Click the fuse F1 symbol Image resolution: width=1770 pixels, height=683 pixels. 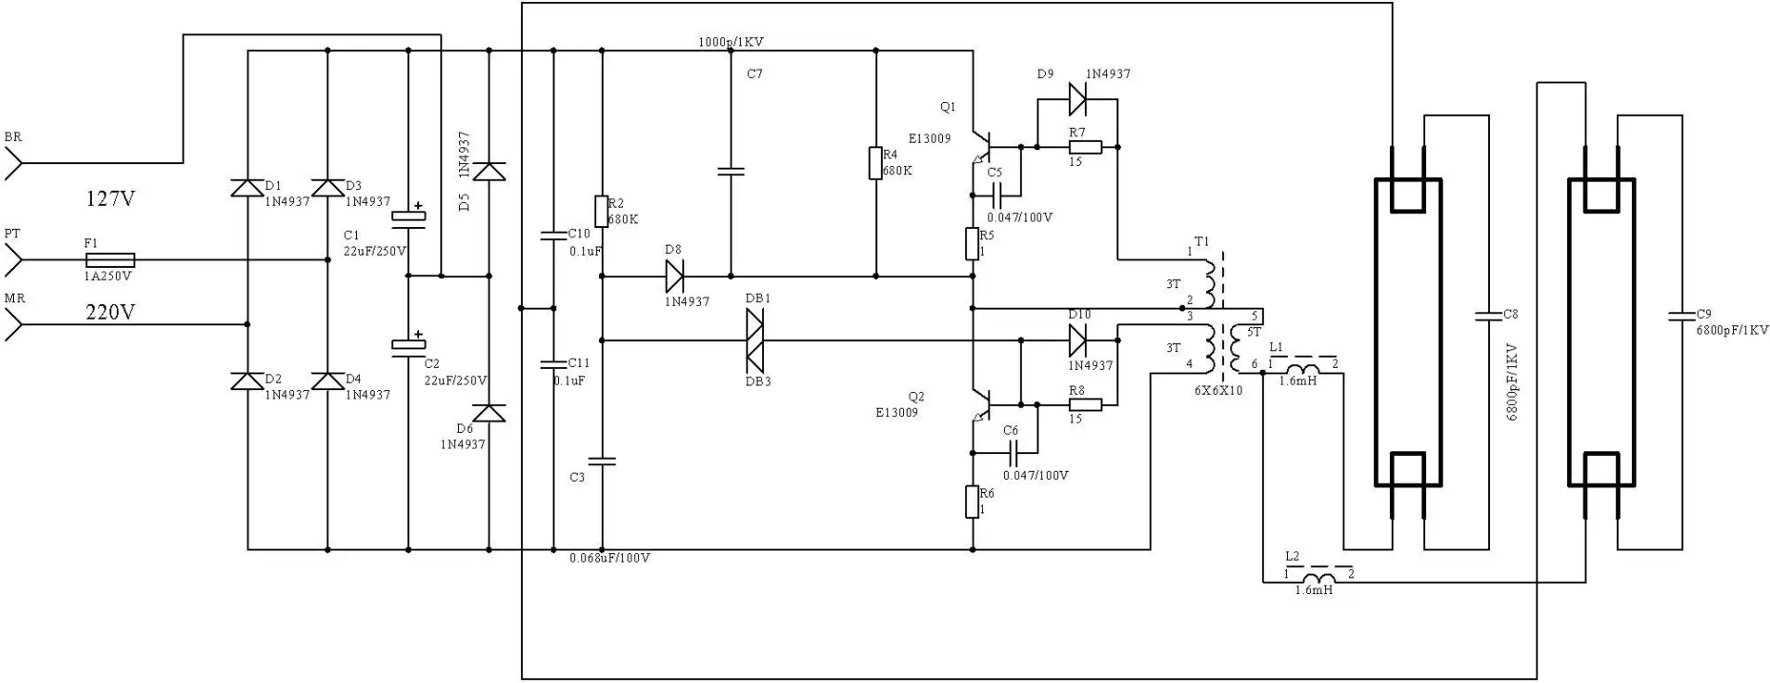(x=109, y=260)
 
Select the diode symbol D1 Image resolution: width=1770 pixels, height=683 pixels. (x=247, y=188)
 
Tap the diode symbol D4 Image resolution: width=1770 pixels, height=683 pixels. (x=327, y=381)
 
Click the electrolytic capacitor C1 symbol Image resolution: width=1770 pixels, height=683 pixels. (x=408, y=217)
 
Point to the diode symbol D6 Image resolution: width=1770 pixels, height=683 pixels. (x=490, y=412)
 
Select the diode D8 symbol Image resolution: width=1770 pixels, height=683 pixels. (x=674, y=276)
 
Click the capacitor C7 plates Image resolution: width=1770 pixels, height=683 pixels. (x=731, y=171)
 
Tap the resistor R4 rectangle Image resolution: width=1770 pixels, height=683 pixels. (x=875, y=163)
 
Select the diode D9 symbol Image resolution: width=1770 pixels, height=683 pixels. (x=1077, y=97)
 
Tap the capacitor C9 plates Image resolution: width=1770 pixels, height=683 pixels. (x=1681, y=316)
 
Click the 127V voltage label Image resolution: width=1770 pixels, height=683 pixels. (x=110, y=198)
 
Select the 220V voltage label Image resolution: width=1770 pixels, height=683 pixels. (x=110, y=312)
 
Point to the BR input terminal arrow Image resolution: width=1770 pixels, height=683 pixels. (x=13, y=163)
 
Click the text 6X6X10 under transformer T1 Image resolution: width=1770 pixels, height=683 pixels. (x=1218, y=390)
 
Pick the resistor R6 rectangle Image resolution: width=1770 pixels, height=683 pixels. (x=973, y=501)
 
